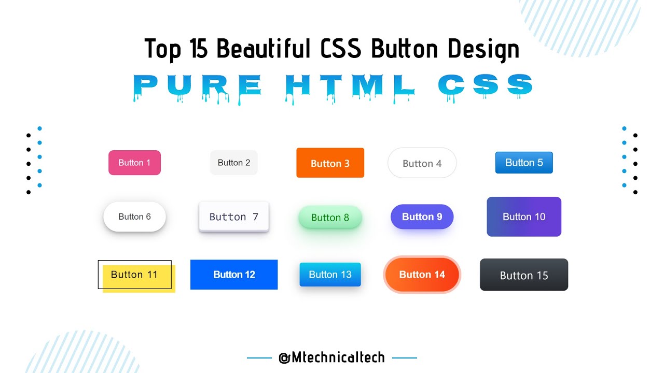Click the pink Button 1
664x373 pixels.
[x=134, y=163]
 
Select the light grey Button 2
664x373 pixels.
[x=234, y=163]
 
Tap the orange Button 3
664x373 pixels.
[x=330, y=163]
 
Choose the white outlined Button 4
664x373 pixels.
[x=422, y=163]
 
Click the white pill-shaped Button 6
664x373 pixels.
[x=134, y=217]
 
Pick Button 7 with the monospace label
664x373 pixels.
[x=234, y=217]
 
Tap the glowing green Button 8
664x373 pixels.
[x=330, y=217]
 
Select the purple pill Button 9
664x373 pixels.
[x=422, y=217]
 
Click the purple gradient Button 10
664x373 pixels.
[x=524, y=217]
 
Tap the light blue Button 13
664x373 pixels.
[x=330, y=275]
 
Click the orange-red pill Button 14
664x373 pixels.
[x=422, y=275]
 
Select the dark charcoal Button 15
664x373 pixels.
[x=524, y=275]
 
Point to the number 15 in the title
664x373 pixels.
[x=199, y=49]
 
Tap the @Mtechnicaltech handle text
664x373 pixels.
[x=332, y=357]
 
